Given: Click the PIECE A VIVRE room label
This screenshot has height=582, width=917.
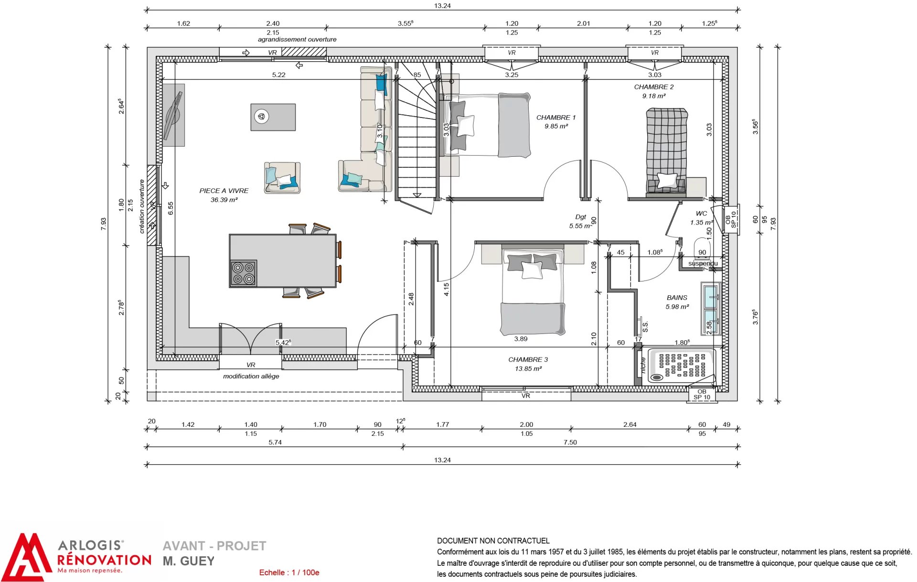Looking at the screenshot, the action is click(224, 191).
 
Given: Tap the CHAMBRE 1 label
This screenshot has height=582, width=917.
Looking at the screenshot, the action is click(556, 118).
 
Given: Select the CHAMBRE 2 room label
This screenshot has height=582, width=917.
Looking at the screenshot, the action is click(654, 87).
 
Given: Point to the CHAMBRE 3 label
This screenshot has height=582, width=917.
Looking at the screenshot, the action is click(528, 360).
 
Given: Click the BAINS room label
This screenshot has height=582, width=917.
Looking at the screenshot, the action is click(677, 298).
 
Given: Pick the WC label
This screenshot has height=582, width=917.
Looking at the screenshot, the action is click(701, 214).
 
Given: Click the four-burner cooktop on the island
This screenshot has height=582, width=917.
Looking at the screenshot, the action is click(244, 273).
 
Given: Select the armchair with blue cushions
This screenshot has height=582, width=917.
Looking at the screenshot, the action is click(282, 177).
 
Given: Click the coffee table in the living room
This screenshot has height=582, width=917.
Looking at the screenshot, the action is click(273, 117).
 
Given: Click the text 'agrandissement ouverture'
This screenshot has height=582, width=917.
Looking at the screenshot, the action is click(297, 40).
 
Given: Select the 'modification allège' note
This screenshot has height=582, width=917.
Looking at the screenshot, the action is click(251, 377).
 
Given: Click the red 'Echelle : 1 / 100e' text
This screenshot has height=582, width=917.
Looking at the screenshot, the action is click(289, 572).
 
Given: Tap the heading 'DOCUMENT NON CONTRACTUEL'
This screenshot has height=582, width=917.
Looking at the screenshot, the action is click(493, 541).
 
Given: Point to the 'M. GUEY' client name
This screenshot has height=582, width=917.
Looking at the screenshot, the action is click(189, 561).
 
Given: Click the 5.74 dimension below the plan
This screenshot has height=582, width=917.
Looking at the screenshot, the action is click(275, 442).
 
